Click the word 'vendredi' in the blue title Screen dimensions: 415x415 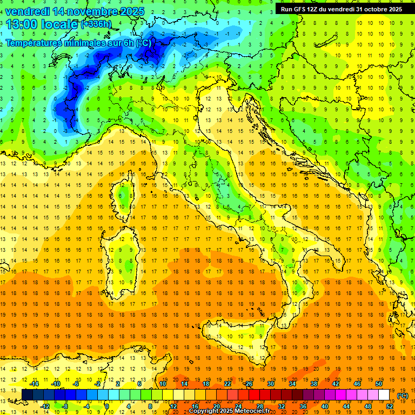click(x=28, y=11)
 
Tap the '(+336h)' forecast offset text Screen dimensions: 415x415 click(x=97, y=24)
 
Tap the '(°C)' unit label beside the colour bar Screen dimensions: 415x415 click(x=403, y=396)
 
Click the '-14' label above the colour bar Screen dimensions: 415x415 click(x=34, y=384)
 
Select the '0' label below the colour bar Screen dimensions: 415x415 click(x=107, y=406)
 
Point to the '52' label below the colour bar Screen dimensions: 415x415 click(x=390, y=406)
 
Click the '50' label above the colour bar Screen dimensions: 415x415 click(x=379, y=384)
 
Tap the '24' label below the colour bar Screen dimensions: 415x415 click(x=238, y=406)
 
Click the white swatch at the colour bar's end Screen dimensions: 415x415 click(x=384, y=395)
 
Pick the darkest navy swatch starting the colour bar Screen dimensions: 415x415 click(x=27, y=395)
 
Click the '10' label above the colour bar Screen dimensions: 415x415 click(x=163, y=384)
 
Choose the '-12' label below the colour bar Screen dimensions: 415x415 click(x=45, y=406)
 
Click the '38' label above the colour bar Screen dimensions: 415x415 click(x=314, y=384)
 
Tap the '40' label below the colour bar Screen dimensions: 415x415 click(x=325, y=406)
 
